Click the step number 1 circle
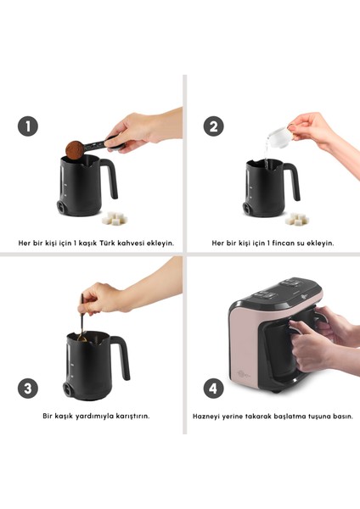pyautogui.click(x=28, y=126)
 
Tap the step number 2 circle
pyautogui.click(x=213, y=126)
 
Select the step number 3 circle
pyautogui.click(x=28, y=389)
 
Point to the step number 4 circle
pyautogui.click(x=213, y=389)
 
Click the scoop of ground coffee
pyautogui.click(x=75, y=150)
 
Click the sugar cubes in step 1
pyautogui.click(x=114, y=219)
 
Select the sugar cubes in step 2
pyautogui.click(x=297, y=219)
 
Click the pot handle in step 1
pyautogui.click(x=110, y=178)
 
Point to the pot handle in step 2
pyautogui.click(x=293, y=181)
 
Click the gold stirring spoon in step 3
pyautogui.click(x=82, y=318)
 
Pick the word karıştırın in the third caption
pyautogui.click(x=132, y=416)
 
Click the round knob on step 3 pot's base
pyautogui.click(x=68, y=389)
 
